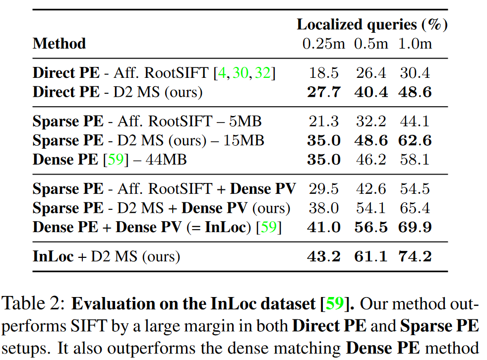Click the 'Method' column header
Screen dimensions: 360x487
coord(59,44)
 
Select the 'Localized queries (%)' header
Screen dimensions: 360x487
coord(372,24)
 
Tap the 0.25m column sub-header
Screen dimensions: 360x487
coord(324,44)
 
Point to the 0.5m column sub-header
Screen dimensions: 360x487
coord(371,44)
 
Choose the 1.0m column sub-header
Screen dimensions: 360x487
coord(415,44)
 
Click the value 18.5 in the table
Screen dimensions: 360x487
coord(324,73)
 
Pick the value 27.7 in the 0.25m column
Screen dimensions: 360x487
coord(324,92)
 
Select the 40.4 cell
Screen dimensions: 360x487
coord(371,92)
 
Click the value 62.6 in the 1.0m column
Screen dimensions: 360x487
coord(415,140)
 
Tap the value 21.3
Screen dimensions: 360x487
coord(324,121)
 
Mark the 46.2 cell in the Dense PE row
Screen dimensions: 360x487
coord(371,159)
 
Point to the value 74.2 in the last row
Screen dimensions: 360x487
coord(415,256)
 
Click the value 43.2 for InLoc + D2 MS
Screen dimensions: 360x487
coord(324,256)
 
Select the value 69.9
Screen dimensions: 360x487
coord(415,227)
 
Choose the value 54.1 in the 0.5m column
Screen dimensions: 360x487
coord(371,208)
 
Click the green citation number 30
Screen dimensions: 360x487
coord(241,73)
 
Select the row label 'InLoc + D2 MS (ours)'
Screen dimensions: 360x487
coord(106,256)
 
